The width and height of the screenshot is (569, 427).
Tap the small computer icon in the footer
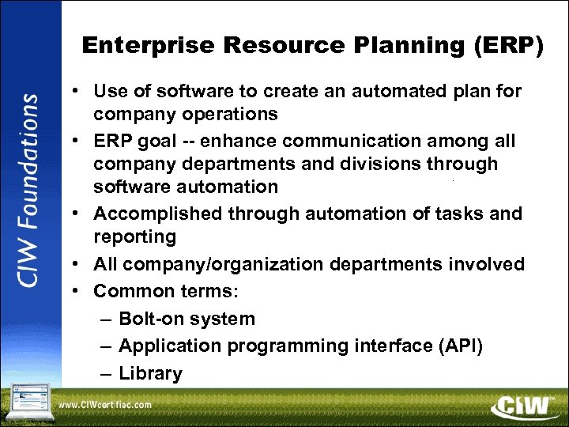[x=28, y=399]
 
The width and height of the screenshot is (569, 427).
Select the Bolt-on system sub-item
[x=187, y=319]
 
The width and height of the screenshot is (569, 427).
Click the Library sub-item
[x=150, y=373]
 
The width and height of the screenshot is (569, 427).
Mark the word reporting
[x=134, y=236]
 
